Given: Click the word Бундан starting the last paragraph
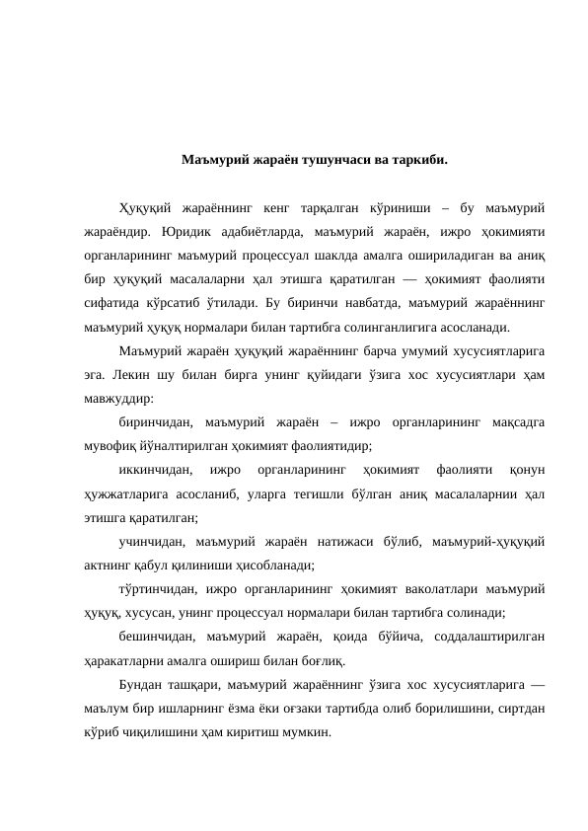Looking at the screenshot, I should click(140, 685).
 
